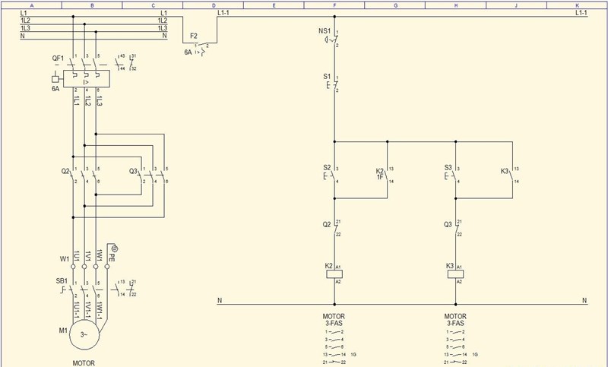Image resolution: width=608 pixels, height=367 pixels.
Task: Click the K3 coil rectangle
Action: coord(456,274)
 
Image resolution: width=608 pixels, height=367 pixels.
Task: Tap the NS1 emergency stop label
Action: coord(324,30)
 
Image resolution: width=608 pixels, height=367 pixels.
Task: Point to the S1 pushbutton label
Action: coord(327,77)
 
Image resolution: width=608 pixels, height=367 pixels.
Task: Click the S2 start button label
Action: coord(327,167)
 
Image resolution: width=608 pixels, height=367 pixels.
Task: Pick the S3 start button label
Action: coord(448,167)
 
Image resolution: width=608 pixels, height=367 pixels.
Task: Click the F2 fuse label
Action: coord(194,36)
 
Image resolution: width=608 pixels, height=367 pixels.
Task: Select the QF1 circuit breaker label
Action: coord(58,59)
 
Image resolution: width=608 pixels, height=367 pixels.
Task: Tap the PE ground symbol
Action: coord(114,248)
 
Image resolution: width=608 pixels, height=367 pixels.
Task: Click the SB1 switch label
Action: coord(62,281)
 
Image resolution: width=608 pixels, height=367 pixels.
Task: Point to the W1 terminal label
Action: coord(64,258)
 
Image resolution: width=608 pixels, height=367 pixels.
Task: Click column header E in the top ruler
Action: coord(274,5)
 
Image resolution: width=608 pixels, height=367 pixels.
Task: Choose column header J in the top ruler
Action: coord(516,5)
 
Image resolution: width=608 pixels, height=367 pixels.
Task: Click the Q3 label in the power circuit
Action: coord(134,171)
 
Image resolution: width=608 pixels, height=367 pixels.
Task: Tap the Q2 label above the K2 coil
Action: coord(327,224)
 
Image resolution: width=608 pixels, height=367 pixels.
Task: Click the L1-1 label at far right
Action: coord(581,12)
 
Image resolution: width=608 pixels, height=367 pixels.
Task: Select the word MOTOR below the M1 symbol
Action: coord(84,363)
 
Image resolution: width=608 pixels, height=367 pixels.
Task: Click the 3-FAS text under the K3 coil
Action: coord(456,323)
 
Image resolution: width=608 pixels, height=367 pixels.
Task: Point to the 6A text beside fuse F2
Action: coord(188,52)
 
